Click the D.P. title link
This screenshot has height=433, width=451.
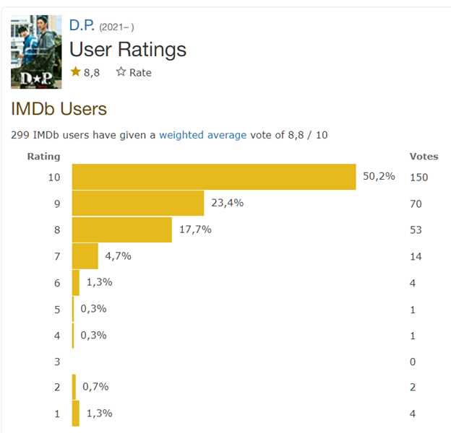[82, 25]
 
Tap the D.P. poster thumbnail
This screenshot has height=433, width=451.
[36, 52]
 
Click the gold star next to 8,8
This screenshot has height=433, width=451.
[76, 72]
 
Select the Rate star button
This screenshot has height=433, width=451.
[134, 72]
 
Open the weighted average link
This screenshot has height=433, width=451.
[202, 135]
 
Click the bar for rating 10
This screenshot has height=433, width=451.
[214, 177]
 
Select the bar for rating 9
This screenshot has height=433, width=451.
[138, 204]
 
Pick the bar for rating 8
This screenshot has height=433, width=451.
[122, 229]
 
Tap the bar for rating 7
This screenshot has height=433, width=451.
[85, 256]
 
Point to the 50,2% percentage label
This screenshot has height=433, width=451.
[379, 176]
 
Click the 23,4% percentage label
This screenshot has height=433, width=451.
[227, 203]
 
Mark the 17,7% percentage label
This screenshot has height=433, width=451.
[194, 229]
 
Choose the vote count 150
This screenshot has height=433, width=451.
[418, 178]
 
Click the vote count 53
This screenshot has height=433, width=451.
[416, 230]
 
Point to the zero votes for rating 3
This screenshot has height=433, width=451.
[413, 361]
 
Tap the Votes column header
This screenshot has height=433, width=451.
[424, 156]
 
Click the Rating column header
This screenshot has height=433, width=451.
[43, 156]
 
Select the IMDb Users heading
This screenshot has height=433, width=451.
[59, 109]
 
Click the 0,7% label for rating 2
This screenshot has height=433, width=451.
[95, 387]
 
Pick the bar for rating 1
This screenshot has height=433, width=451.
[76, 414]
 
